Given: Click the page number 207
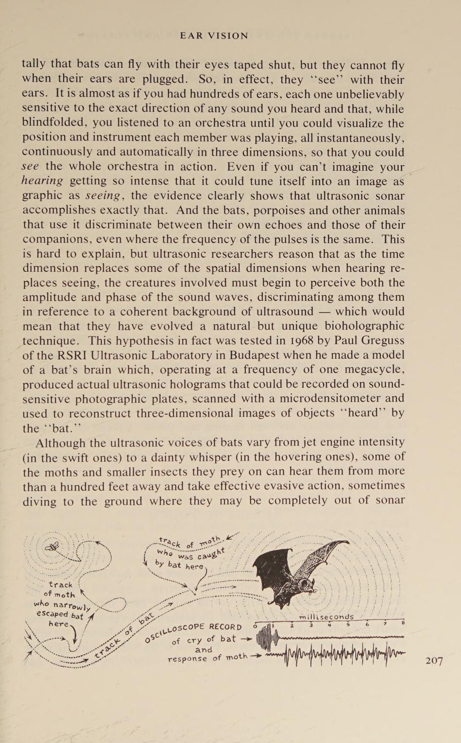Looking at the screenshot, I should [x=434, y=660].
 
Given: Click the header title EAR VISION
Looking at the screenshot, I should [x=214, y=36].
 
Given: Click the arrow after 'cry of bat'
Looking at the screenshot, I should [x=247, y=639].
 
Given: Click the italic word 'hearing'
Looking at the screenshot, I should [x=42, y=181].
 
